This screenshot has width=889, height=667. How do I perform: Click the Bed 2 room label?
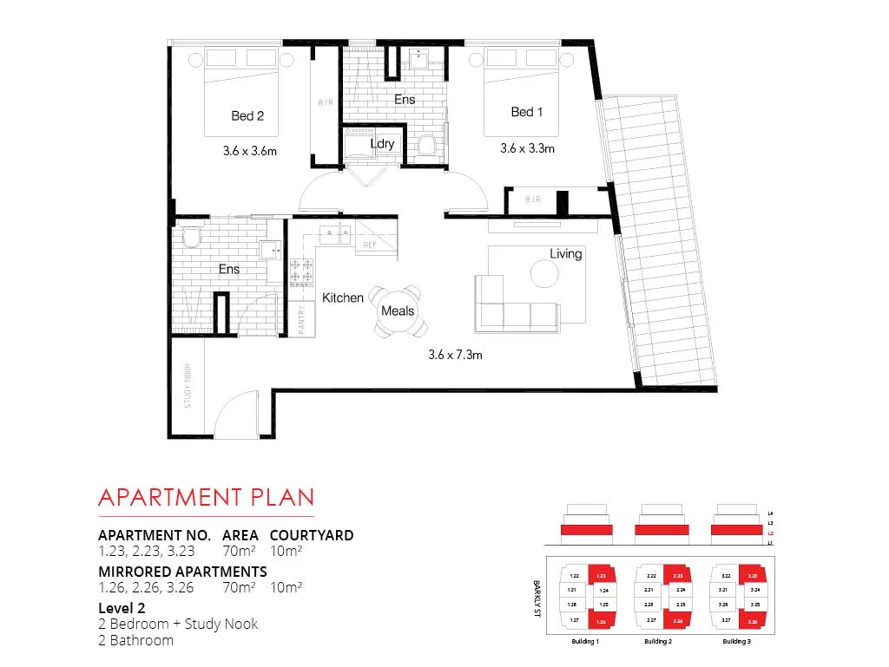(247, 115)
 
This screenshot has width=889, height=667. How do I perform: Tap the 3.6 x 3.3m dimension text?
(527, 148)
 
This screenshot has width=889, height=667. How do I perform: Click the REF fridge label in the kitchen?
(370, 245)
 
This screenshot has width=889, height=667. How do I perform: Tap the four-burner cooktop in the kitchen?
(302, 272)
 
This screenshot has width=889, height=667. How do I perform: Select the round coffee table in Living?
(545, 275)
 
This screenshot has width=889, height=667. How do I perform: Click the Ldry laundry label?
(383, 143)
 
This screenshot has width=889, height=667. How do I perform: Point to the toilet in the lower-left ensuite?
(192, 237)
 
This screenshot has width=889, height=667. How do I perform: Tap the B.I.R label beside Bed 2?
(326, 101)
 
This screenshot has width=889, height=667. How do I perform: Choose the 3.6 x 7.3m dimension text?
(455, 354)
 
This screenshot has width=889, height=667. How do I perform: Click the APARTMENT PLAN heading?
(206, 497)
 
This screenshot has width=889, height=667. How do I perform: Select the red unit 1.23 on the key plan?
(601, 575)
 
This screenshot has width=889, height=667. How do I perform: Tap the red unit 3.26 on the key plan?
(753, 621)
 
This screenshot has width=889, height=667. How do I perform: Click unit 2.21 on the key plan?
(650, 590)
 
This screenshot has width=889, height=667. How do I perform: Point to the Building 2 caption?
(657, 641)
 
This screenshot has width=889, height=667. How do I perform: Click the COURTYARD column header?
(312, 535)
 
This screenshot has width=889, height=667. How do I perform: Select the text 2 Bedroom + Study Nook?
(178, 624)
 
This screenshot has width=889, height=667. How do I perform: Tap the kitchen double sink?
(333, 232)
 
